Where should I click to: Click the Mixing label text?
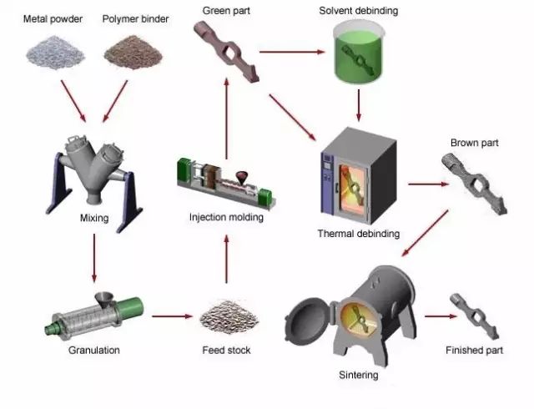94,219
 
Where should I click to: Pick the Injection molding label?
225,218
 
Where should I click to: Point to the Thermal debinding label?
359,234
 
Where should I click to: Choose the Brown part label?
474,143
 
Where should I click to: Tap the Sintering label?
359,375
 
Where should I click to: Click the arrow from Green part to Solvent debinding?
291,52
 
